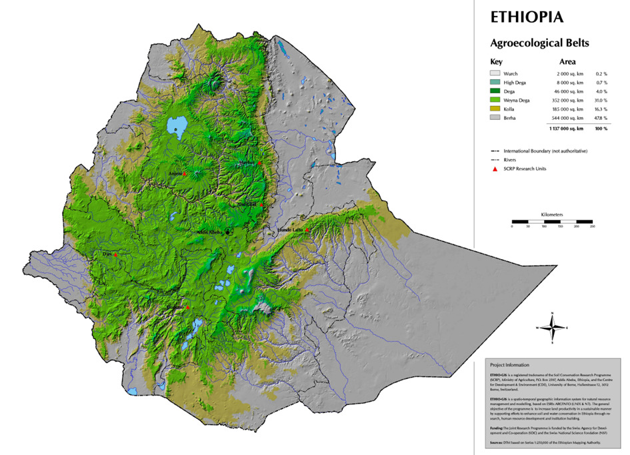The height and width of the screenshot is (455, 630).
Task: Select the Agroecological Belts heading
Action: point(539,44)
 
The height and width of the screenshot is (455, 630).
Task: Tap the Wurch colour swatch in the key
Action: point(494,74)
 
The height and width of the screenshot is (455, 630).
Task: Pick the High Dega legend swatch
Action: point(494,83)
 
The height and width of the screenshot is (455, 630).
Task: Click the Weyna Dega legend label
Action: point(518,100)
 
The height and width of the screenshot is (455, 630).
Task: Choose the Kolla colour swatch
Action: point(494,109)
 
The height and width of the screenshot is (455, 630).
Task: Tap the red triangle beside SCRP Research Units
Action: point(495,169)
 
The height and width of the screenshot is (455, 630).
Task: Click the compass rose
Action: point(553,326)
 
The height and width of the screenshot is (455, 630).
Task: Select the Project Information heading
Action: point(509,365)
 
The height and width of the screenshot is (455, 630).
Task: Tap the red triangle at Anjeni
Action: point(185,173)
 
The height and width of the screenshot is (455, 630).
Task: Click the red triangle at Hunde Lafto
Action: point(307,230)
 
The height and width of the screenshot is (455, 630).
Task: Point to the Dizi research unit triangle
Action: point(115,254)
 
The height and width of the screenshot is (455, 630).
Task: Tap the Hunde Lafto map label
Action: point(290,230)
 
